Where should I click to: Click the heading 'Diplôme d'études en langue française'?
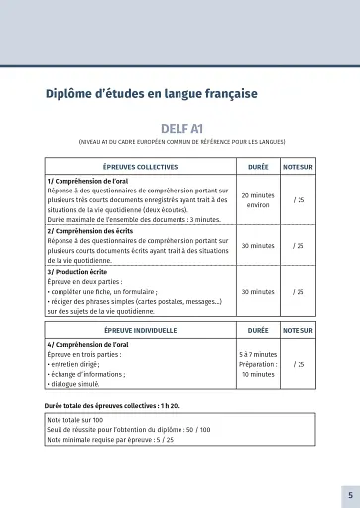[x=151, y=94]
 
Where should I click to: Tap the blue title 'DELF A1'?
[x=180, y=128]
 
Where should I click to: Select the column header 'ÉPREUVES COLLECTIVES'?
[x=140, y=168]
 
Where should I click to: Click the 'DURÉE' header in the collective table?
[x=257, y=168]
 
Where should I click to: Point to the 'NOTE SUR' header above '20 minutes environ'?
[x=298, y=168]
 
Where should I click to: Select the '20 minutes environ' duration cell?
[x=257, y=200]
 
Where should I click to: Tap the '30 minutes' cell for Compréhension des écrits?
[x=257, y=245]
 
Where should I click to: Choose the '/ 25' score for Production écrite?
[x=298, y=291]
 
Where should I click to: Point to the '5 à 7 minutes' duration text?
[x=257, y=353]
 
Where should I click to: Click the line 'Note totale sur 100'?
[x=78, y=420]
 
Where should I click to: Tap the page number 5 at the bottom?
[x=349, y=494]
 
